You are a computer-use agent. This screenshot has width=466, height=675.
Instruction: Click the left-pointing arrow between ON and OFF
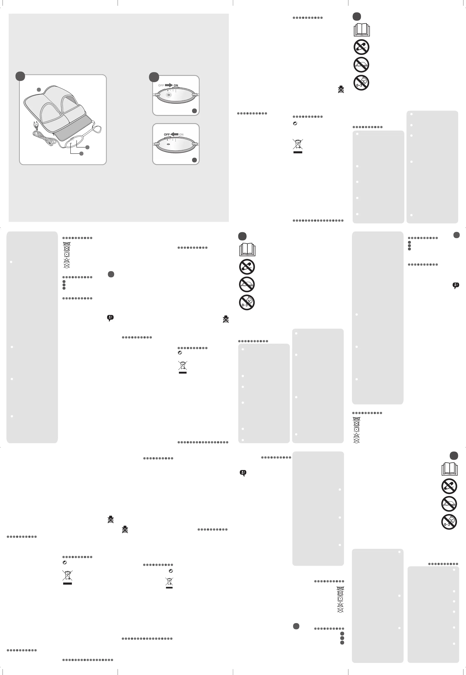click(x=175, y=134)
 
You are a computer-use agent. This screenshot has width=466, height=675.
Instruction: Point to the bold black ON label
click(x=176, y=85)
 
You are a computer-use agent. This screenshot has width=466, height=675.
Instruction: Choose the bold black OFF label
click(x=167, y=135)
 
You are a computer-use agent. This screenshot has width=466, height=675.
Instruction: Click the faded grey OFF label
click(x=161, y=85)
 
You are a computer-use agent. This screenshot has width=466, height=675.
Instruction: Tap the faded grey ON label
click(x=181, y=135)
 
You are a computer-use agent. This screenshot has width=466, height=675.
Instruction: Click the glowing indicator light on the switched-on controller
click(x=168, y=95)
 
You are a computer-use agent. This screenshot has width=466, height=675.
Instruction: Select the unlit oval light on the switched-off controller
click(x=168, y=144)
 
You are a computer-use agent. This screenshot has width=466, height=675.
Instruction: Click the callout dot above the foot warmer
click(x=39, y=90)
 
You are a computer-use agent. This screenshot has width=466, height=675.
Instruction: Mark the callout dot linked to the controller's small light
click(x=81, y=153)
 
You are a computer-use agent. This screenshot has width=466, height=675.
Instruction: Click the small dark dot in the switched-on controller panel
click(x=168, y=91)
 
